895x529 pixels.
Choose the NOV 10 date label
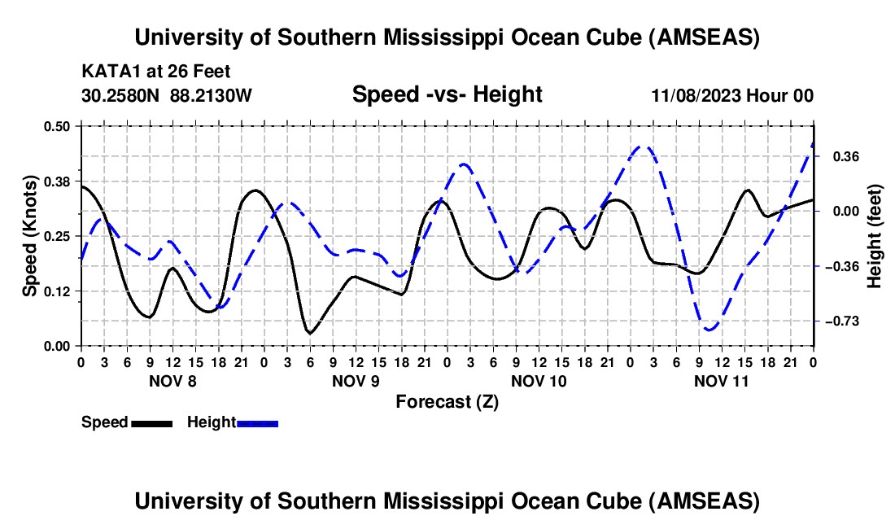[538, 380]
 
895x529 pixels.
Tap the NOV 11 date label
[721, 380]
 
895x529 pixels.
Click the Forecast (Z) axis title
[447, 401]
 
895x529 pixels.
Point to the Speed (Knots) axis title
[29, 236]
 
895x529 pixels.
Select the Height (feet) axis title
[875, 236]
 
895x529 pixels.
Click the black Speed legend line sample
[151, 423]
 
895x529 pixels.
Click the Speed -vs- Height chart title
[447, 95]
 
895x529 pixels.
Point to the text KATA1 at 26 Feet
[156, 71]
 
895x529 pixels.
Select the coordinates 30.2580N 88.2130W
[167, 95]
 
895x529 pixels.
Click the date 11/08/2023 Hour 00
[732, 96]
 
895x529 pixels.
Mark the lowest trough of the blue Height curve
[710, 330]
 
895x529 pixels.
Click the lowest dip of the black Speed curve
[309, 333]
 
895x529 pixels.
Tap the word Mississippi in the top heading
[446, 37]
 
